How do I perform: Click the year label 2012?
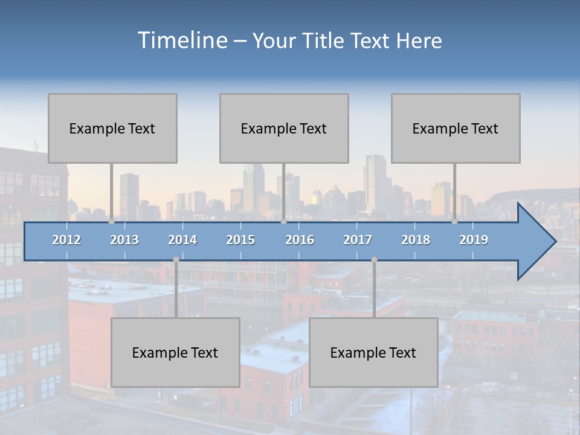pos(66,240)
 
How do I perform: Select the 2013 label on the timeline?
pos(124,240)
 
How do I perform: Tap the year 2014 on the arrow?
pos(182,240)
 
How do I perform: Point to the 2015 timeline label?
pos(240,240)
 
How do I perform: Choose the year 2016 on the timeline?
pos(300,240)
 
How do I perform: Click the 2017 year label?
pos(358,240)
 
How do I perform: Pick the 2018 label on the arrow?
pos(416,240)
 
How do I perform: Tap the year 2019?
pos(474,240)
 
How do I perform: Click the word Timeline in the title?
pos(181,40)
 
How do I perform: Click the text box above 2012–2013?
pos(112,128)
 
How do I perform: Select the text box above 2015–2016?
pos(284,128)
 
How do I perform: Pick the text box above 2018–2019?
pos(456,128)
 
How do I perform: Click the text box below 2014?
pos(175,352)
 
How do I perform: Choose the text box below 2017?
pos(373,352)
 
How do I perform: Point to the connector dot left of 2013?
pos(112,222)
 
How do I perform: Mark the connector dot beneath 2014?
pos(176,260)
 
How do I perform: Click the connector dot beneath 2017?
pos(374,260)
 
